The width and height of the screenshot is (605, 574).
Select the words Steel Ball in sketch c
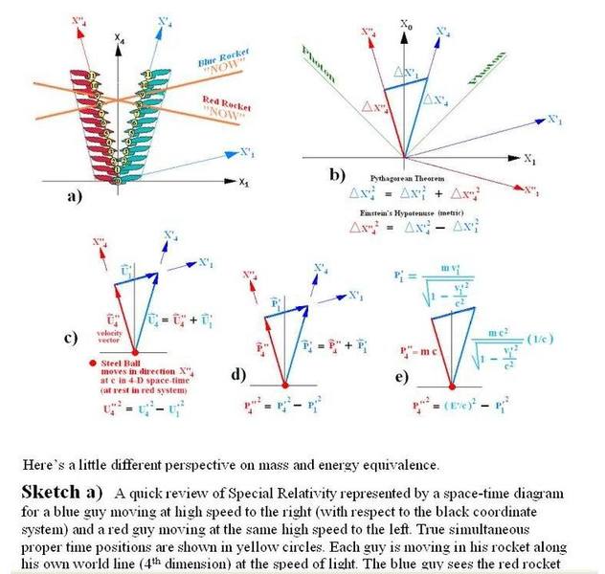click(113, 364)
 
